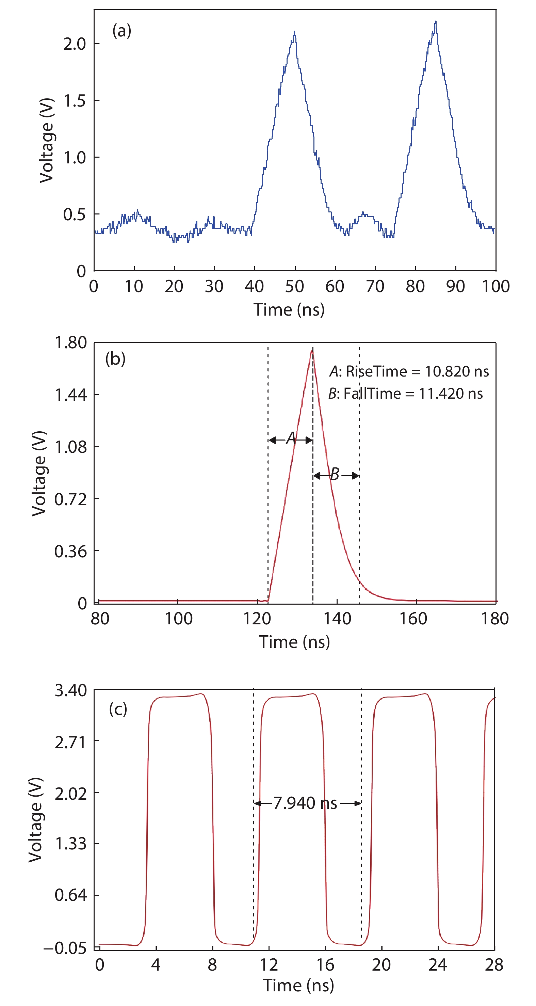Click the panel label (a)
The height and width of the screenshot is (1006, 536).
[121, 30]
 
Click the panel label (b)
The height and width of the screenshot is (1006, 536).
[115, 358]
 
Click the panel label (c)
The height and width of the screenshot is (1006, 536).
[118, 708]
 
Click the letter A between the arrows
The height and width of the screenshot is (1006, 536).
[291, 438]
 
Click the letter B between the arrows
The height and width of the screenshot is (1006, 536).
[335, 474]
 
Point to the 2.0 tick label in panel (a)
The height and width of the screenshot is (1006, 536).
[74, 44]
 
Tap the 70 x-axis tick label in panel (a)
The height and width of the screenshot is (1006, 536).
[375, 287]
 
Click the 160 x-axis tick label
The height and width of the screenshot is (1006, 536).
[413, 619]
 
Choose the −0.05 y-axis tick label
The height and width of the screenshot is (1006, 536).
[65, 948]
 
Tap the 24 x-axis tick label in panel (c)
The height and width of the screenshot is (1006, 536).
[437, 965]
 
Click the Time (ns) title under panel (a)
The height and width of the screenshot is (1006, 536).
[289, 310]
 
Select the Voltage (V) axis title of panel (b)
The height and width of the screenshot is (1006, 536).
[39, 473]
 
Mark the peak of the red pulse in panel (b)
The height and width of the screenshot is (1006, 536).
[312, 350]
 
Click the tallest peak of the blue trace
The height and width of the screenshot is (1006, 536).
[435, 22]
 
